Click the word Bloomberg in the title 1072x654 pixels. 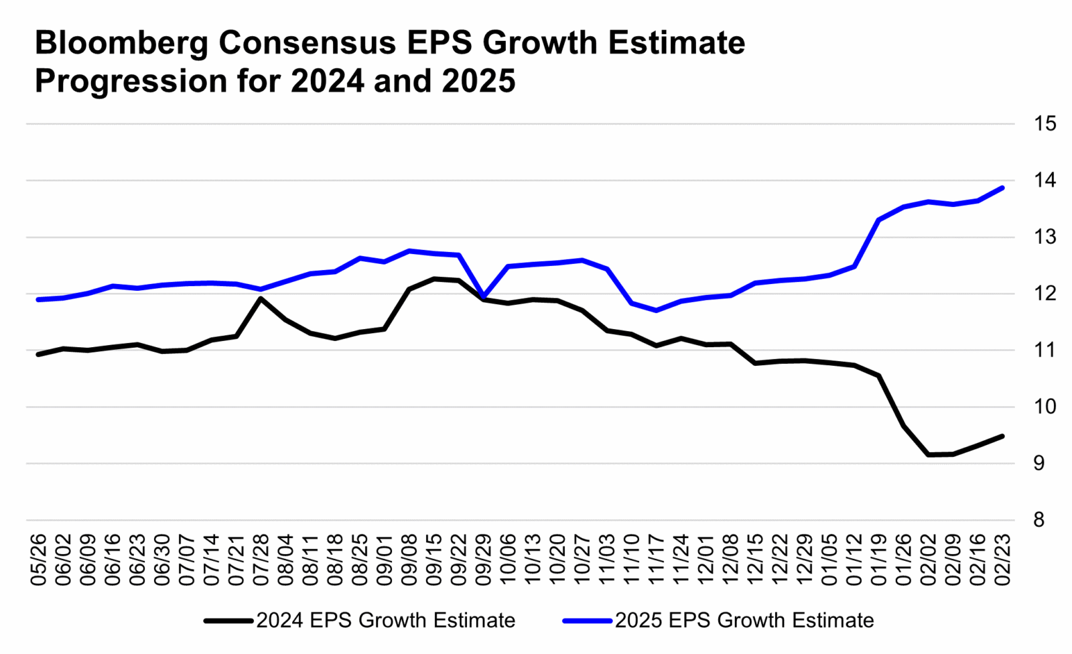(121, 44)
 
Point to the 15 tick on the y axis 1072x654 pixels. (1045, 124)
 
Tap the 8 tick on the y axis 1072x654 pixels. (1038, 521)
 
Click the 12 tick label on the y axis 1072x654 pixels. (1045, 293)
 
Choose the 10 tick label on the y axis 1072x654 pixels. (1045, 407)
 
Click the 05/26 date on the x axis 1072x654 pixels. (39, 560)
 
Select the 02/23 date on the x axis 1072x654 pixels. (1002, 560)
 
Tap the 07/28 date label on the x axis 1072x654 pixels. (261, 560)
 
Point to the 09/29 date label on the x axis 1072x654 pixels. (484, 560)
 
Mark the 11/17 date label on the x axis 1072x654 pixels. (657, 560)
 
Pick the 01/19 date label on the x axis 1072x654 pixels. (878, 560)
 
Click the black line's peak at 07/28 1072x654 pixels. (261, 298)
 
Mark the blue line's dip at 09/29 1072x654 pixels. (484, 296)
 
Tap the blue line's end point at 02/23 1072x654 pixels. (1002, 188)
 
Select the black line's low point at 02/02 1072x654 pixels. (928, 455)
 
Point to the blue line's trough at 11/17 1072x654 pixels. (656, 310)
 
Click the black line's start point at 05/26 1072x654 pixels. (39, 354)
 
